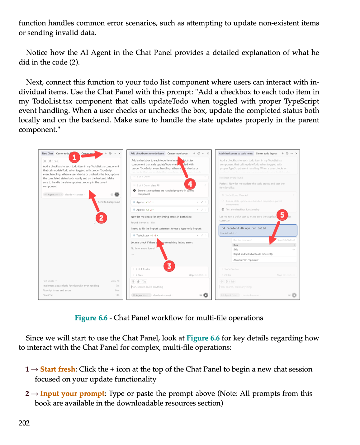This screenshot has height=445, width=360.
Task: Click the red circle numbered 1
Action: [x=74, y=157]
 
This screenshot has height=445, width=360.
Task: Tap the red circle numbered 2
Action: [x=101, y=218]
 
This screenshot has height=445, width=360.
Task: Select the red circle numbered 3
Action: [x=169, y=266]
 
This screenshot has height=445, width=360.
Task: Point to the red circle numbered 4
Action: [x=190, y=184]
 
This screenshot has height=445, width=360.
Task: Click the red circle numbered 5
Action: [x=282, y=215]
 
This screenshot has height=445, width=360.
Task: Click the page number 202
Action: [x=24, y=423]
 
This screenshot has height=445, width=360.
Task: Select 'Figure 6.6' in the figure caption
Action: [x=91, y=318]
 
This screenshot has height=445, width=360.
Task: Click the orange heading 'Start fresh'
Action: [x=58, y=369]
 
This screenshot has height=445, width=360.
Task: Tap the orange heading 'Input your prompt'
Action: [x=72, y=394]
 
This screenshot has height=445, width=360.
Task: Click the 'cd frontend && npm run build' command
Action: [x=244, y=228]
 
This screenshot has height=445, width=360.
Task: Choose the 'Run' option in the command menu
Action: [x=236, y=245]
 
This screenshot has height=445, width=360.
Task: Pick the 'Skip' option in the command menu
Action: [x=236, y=250]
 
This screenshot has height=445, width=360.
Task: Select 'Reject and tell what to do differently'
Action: [x=253, y=254]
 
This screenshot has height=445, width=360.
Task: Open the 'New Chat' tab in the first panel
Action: [x=47, y=153]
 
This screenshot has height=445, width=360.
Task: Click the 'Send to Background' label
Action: [x=109, y=202]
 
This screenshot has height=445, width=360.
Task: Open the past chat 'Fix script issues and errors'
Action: [x=57, y=290]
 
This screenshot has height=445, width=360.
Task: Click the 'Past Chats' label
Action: [x=48, y=281]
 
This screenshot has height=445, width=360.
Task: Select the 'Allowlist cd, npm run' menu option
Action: [x=246, y=260]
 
